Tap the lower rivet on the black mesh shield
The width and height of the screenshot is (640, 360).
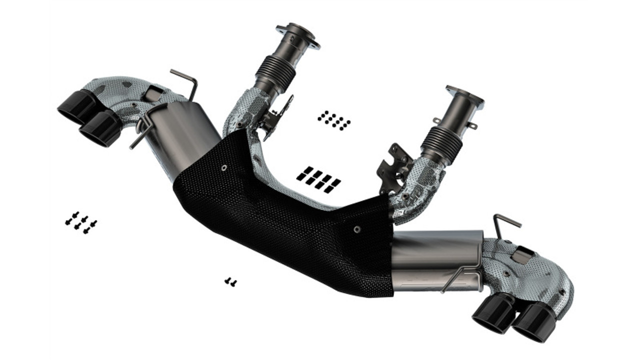coord(356,229)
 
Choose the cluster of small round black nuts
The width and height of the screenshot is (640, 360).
coord(333,120)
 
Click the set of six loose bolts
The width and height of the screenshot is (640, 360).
coord(80,222)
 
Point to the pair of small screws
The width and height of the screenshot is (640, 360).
coord(230,282)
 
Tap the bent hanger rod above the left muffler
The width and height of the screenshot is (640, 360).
coord(185,80)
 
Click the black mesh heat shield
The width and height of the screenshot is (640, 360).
coord(285,225)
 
